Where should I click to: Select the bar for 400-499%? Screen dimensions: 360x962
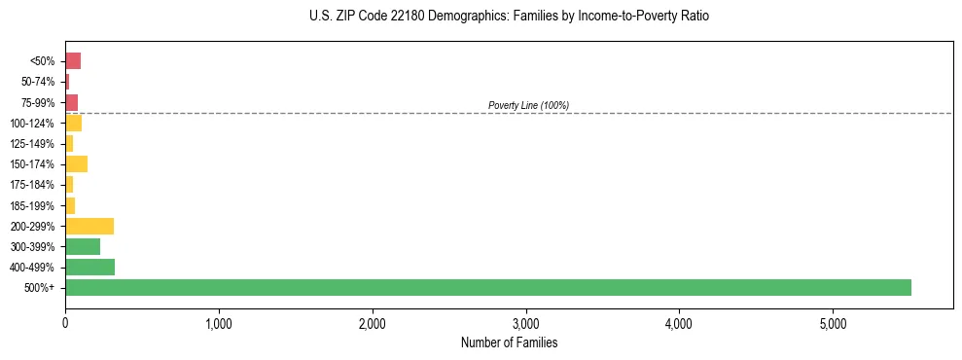click(x=89, y=267)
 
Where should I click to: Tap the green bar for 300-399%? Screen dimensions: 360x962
click(x=83, y=246)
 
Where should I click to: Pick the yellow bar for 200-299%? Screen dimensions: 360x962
click(x=89, y=226)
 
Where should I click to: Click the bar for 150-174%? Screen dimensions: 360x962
click(x=76, y=163)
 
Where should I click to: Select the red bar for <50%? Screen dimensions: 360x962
click(x=73, y=60)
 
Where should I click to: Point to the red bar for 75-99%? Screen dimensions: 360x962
click(x=71, y=102)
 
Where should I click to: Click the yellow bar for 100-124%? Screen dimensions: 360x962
click(x=73, y=123)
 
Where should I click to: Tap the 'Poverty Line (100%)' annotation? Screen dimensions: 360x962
click(x=528, y=105)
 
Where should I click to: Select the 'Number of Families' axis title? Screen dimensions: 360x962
click(x=509, y=342)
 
